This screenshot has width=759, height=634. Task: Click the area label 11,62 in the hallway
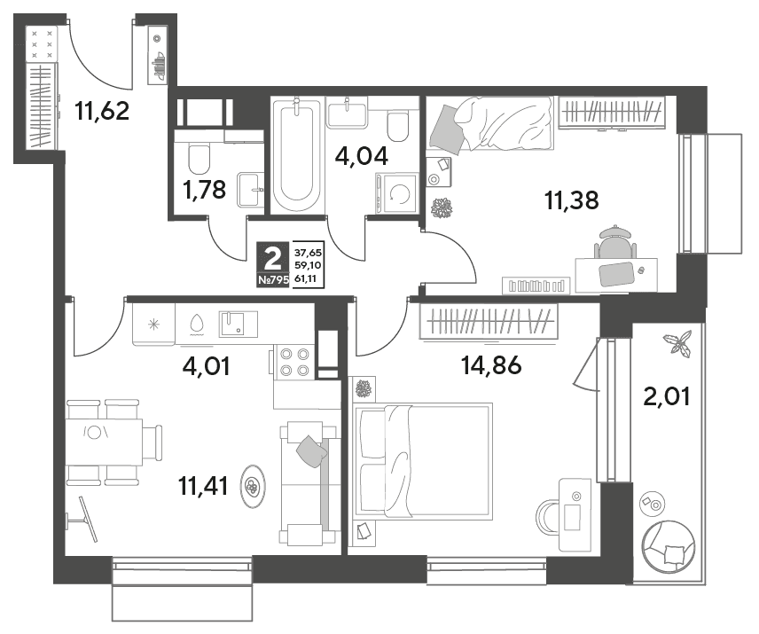(x=102, y=111)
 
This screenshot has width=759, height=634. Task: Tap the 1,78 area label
(x=205, y=190)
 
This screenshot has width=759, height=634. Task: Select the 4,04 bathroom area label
(x=362, y=156)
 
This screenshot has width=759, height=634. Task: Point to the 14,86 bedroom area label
(x=491, y=365)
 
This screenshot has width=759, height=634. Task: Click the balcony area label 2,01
(x=667, y=396)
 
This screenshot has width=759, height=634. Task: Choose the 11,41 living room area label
(x=203, y=485)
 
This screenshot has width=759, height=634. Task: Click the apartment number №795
(x=273, y=279)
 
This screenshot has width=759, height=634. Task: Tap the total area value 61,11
(x=308, y=279)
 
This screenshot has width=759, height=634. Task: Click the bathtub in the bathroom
(x=296, y=154)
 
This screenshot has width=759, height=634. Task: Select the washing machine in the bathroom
(x=397, y=193)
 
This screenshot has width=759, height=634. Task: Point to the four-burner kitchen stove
(x=294, y=362)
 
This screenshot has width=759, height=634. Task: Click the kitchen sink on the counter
(x=239, y=324)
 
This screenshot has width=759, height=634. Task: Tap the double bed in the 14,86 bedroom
(x=424, y=461)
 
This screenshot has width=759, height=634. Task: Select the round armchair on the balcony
(x=668, y=546)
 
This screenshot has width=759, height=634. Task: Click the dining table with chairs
(x=113, y=442)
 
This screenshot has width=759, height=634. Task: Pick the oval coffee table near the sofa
(x=254, y=486)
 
